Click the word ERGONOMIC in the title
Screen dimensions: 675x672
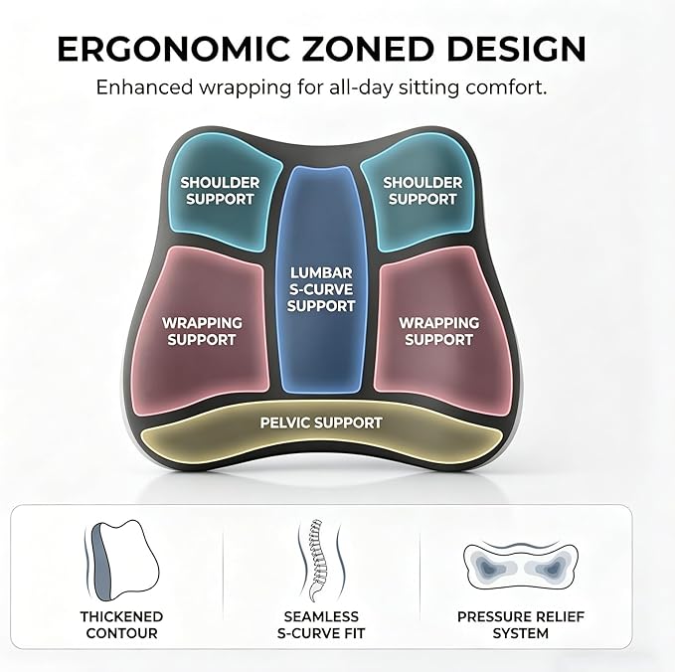pos(174,49)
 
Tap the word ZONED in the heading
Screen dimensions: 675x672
pos(367,49)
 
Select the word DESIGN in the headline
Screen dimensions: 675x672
pos(516,49)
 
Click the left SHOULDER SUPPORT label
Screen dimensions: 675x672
pos(220,191)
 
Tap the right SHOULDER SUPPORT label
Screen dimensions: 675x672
pos(422,191)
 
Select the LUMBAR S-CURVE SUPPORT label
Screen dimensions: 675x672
pos(321,289)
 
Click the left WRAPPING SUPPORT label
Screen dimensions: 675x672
pos(202,331)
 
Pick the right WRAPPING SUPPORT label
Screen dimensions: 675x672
pos(439,331)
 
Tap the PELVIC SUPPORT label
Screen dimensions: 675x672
pos(321,422)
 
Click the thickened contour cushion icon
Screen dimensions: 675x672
pos(121,561)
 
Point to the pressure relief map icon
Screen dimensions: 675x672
pos(520,566)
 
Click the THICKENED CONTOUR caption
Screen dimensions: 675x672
pos(121,625)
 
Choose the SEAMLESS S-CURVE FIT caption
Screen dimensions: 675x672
pos(321,625)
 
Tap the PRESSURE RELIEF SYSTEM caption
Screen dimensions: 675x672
pos(521,625)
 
